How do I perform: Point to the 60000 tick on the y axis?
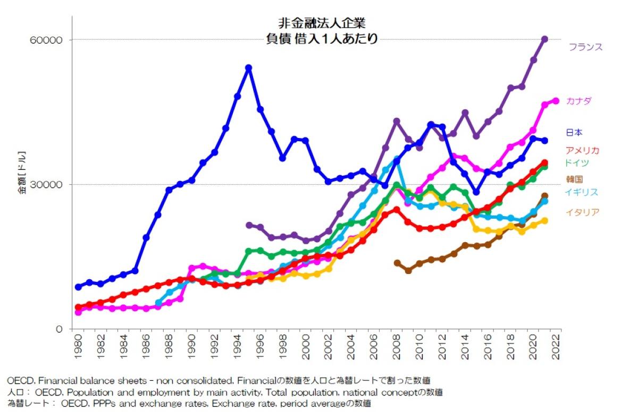(x=49, y=40)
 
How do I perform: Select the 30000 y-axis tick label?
(x=49, y=185)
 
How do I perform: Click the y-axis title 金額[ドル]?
(x=22, y=175)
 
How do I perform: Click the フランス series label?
(x=585, y=47)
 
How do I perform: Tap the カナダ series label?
(x=579, y=101)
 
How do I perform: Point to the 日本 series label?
(x=574, y=132)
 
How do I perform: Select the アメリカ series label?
(x=582, y=150)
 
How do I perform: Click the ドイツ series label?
(x=577, y=162)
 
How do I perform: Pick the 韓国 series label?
(x=574, y=179)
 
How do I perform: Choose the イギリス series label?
(x=581, y=192)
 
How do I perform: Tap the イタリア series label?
(x=582, y=212)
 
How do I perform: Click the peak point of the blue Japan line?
(x=248, y=68)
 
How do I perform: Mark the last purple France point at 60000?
(x=544, y=39)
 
